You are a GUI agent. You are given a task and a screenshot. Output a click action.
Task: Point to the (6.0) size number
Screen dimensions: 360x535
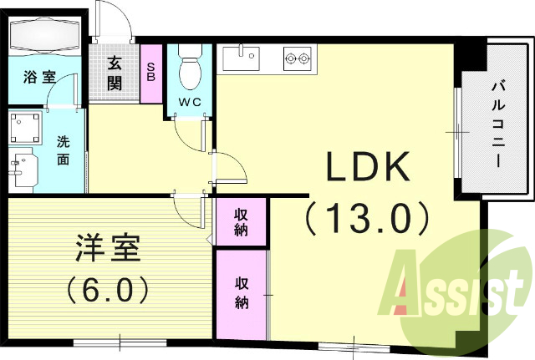pos(106,289)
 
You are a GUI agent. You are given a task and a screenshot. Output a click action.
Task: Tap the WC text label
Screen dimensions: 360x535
pos(191,103)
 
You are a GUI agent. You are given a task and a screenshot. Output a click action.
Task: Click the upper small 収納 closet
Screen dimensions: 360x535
pos(241,221)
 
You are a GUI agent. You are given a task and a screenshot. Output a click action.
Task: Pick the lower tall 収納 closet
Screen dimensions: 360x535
pos(241,292)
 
